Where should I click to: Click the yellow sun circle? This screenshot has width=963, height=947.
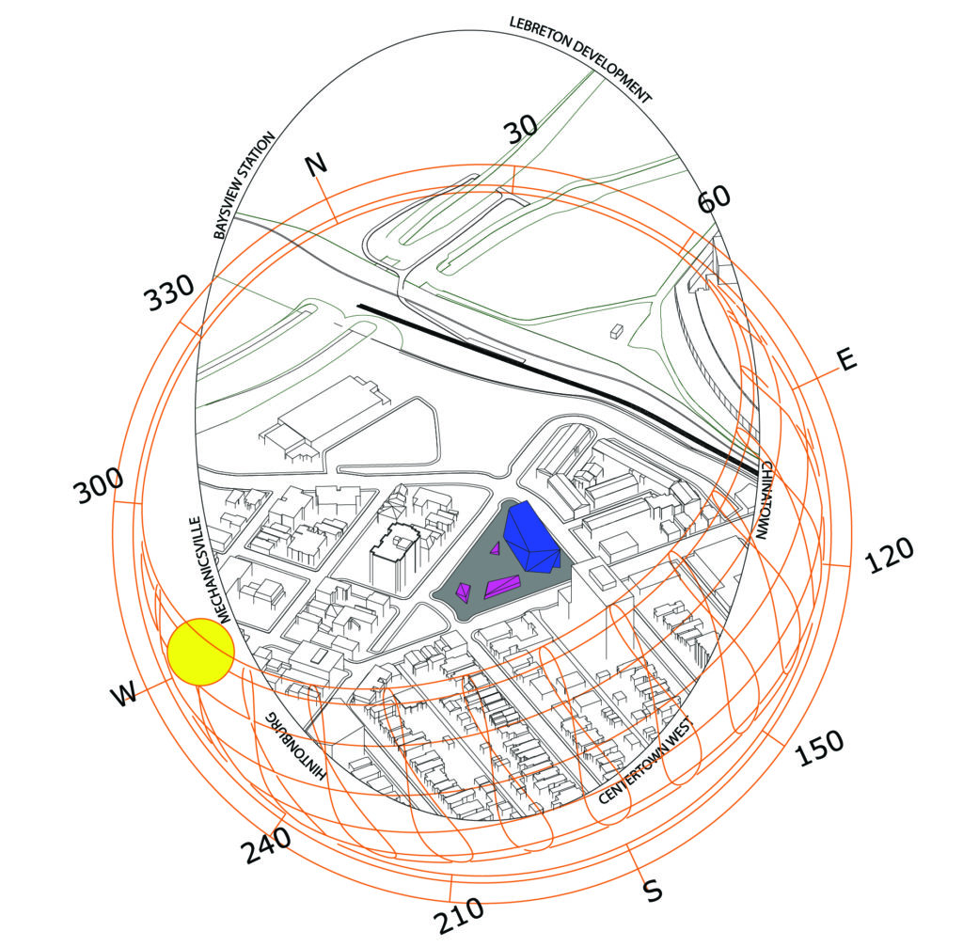coord(201,652)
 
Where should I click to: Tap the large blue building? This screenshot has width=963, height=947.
coord(531,538)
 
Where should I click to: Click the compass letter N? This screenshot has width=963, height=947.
coord(317,165)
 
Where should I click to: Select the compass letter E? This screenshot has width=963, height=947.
coord(847,359)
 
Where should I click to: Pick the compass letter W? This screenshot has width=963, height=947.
coord(124,695)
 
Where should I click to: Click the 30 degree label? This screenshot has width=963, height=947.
coord(521,129)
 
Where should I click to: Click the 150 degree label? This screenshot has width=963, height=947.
coord(819,748)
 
